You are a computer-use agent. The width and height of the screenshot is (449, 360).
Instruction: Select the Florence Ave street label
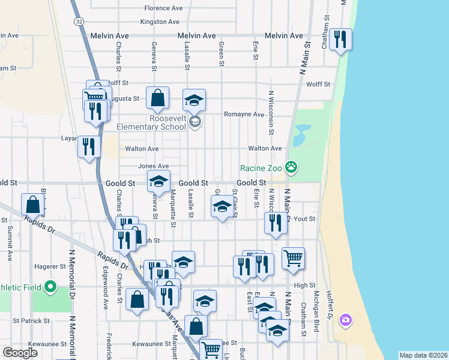163,8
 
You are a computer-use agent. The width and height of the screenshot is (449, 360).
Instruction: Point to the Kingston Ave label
160,22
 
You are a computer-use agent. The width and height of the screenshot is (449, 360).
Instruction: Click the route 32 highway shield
79,21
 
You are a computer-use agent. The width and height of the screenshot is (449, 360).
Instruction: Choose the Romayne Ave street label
244,114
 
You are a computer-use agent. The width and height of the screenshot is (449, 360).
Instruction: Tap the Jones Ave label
153,166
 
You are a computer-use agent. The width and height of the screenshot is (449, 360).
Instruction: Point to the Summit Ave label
10,244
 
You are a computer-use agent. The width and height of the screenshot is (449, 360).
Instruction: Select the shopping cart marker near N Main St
293,259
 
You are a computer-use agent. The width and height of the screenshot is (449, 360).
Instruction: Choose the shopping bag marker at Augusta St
157,98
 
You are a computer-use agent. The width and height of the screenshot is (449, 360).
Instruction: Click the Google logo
20,353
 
